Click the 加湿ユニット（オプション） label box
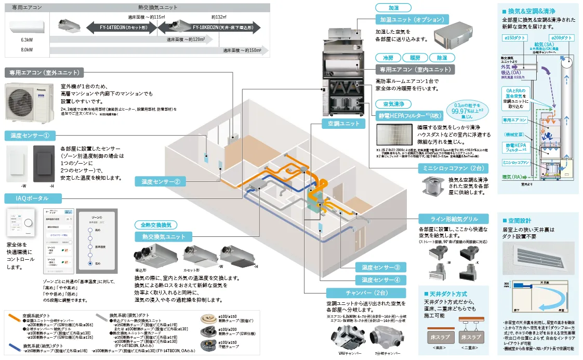point(412,19)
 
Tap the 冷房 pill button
point(388,58)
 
